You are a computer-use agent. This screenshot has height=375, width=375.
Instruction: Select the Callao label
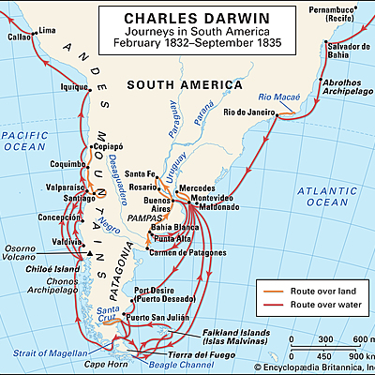coord(19,38)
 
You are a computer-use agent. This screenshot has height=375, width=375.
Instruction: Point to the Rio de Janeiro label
coord(247,112)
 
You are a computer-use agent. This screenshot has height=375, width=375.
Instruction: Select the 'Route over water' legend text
coord(327,306)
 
